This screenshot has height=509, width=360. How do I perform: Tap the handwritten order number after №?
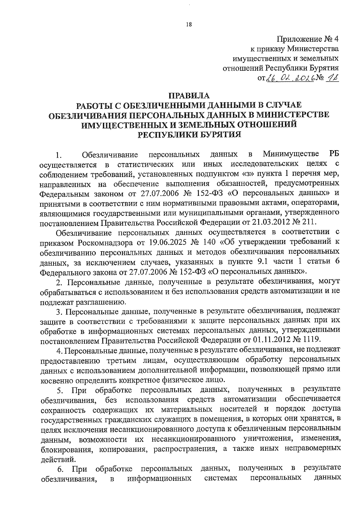tap(331, 78)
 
